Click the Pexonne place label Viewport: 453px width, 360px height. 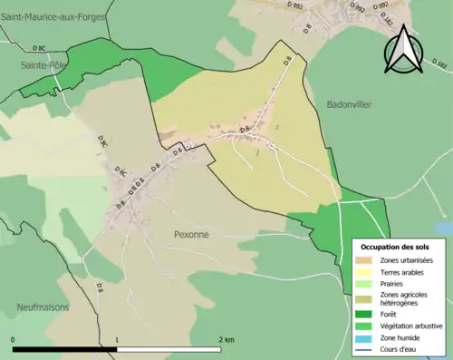pyautogui.click(x=191, y=234)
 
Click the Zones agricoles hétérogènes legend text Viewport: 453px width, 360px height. pyautogui.click(x=403, y=298)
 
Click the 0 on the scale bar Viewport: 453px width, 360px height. pyautogui.click(x=14, y=339)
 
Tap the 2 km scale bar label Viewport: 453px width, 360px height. pyautogui.click(x=226, y=339)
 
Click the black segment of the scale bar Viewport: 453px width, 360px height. pyautogui.click(x=65, y=348)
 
